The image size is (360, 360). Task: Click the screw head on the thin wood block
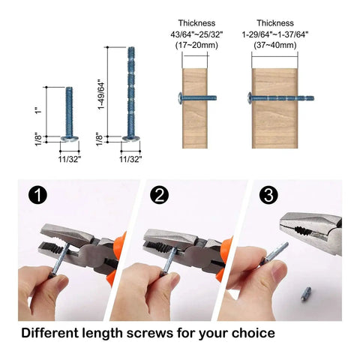[x=180, y=97]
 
